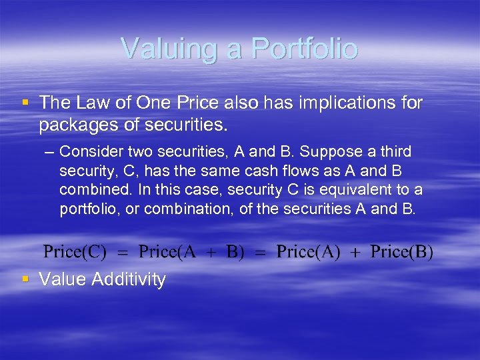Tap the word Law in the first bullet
[x=91, y=103]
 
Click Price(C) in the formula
[x=75, y=252]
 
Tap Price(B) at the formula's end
[x=402, y=252]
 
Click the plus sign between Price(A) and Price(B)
[x=355, y=253]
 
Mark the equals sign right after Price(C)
[x=122, y=253]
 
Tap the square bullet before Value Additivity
[x=25, y=277]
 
